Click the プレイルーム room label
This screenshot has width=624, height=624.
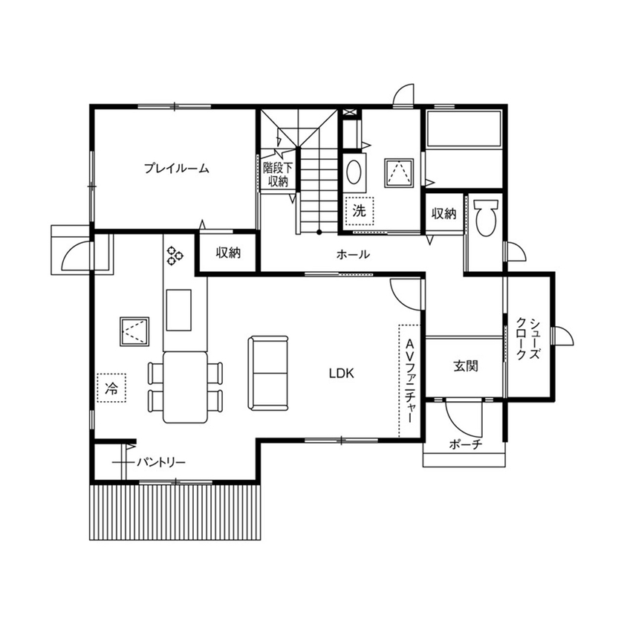point(176,169)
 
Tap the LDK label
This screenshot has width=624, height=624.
point(342,374)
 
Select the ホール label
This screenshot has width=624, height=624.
point(353,254)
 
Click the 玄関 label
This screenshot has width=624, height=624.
point(465,365)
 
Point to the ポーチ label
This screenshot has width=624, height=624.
point(466,445)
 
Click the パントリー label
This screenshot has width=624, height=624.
point(160,462)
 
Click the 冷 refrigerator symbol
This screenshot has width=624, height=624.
point(111,387)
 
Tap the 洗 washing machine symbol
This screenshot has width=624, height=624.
point(360,210)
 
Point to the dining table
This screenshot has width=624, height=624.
point(185,386)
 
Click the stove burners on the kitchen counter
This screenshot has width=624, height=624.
point(175,256)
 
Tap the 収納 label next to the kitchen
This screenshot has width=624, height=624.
point(228,253)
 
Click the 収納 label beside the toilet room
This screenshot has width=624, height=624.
point(443,214)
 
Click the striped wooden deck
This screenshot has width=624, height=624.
point(176,513)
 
